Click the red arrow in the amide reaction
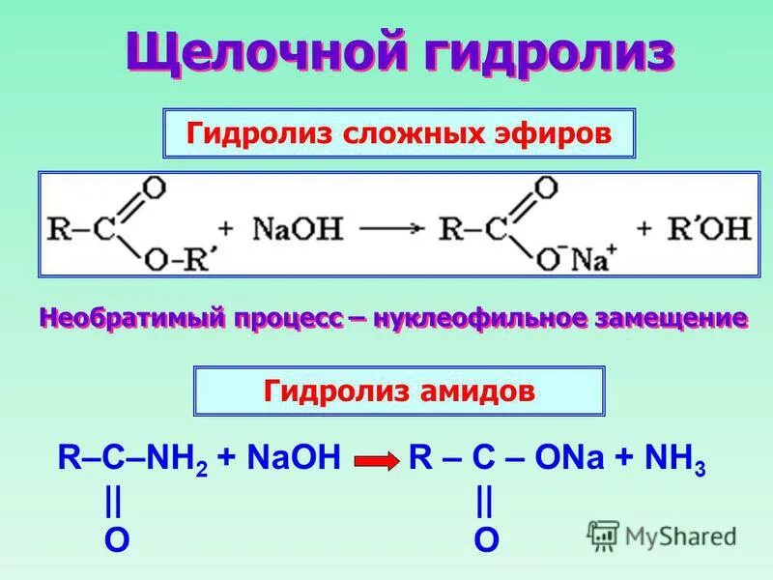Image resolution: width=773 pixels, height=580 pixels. [x=377, y=462]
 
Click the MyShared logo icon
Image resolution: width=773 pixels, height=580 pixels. [x=604, y=535]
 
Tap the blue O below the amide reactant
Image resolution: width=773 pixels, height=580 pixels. [x=115, y=540]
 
